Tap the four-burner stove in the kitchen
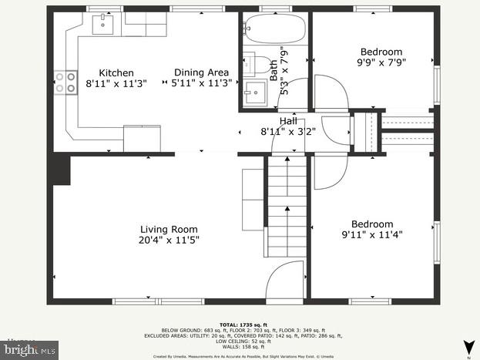(66, 82)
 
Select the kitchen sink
(102, 25)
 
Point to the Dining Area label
(200, 72)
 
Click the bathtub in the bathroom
(274, 30)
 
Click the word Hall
(287, 121)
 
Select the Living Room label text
(168, 229)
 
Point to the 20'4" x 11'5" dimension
(168, 239)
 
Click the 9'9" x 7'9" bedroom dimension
(381, 62)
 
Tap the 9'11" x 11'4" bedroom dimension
(372, 234)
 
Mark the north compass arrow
(467, 346)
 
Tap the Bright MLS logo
(29, 350)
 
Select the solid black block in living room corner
(61, 169)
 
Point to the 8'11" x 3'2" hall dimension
(287, 131)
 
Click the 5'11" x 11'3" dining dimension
(200, 82)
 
